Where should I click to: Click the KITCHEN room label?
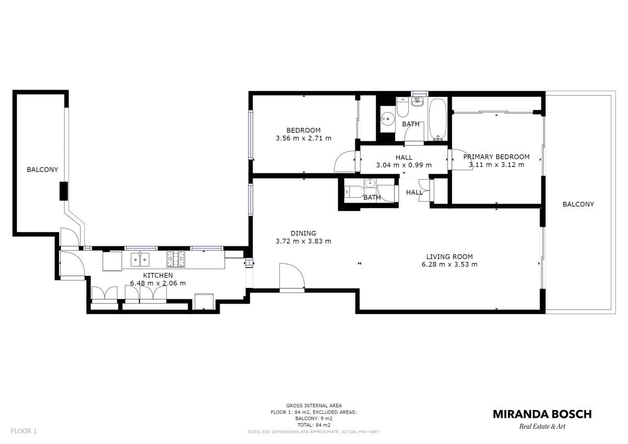click(x=158, y=275)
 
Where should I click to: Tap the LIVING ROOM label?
click(x=450, y=257)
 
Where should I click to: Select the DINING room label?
click(x=304, y=234)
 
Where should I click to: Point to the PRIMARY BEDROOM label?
click(x=496, y=157)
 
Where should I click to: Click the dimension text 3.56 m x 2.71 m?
click(x=304, y=138)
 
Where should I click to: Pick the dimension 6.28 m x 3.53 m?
click(x=450, y=264)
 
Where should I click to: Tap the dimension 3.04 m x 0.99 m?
click(x=403, y=165)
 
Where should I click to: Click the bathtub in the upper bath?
click(x=438, y=119)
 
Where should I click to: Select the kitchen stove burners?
click(x=176, y=259)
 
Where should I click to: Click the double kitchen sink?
click(x=140, y=259)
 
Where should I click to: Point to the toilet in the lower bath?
click(x=354, y=192)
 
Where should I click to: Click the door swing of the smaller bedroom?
click(x=344, y=161)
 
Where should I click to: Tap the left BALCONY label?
click(x=42, y=170)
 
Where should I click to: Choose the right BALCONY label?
click(x=578, y=205)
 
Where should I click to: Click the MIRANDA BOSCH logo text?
click(x=542, y=414)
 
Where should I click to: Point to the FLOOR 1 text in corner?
click(x=24, y=431)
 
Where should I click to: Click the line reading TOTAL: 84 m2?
click(x=313, y=425)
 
